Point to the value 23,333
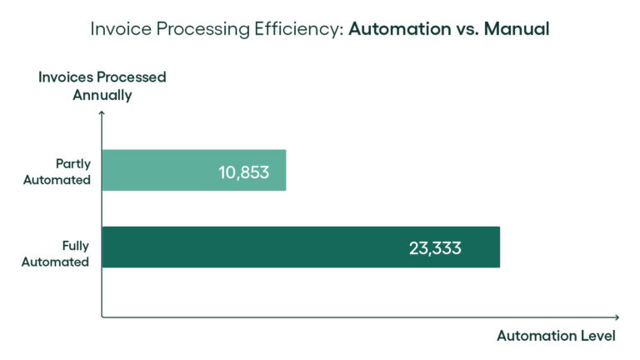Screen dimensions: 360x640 [435, 247]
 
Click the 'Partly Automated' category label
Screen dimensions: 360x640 [67, 171]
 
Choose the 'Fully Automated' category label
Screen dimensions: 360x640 [67, 253]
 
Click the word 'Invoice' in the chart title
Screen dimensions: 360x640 [117, 29]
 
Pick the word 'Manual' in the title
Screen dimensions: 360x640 [517, 29]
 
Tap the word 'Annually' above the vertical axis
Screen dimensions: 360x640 [102, 95]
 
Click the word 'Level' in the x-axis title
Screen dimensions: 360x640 [597, 337]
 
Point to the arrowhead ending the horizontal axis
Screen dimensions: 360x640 [617, 317]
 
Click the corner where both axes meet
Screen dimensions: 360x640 [102, 317]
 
